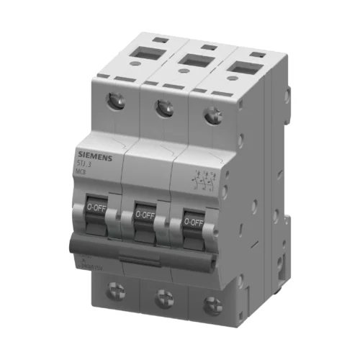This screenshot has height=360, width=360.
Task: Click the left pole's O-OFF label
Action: click(x=96, y=206)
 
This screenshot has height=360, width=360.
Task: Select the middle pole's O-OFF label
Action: click(x=144, y=214)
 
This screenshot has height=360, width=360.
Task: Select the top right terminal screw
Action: click(x=212, y=114)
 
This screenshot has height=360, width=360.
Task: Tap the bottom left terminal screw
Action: click(x=117, y=291)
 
